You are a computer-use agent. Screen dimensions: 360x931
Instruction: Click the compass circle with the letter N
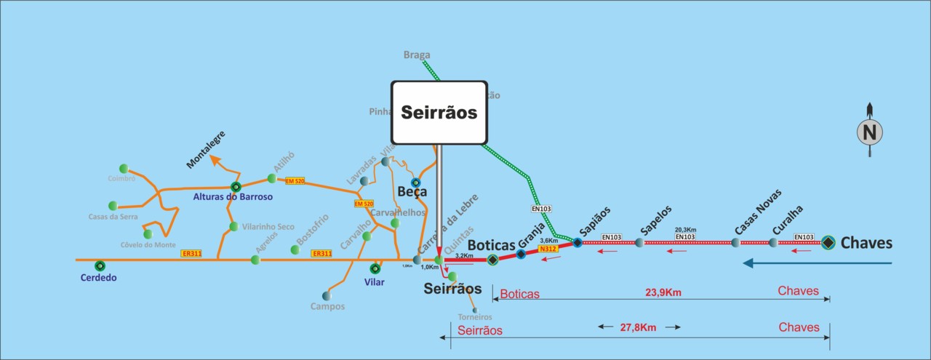(870, 132)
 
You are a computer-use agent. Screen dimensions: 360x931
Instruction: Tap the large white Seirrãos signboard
(439, 113)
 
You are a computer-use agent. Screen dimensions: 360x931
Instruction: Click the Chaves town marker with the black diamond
(828, 243)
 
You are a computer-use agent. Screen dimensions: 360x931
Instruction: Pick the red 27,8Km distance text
(638, 328)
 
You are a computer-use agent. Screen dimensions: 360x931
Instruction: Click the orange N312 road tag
(548, 249)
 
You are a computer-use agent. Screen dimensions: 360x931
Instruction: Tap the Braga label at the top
(417, 55)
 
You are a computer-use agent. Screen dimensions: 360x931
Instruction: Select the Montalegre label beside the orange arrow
(206, 151)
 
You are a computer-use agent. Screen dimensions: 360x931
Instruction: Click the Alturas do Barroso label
(233, 197)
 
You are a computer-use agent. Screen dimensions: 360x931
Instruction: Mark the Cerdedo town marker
(100, 265)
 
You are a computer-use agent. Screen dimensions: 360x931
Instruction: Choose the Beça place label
(412, 193)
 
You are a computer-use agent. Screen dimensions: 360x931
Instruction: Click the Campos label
(327, 307)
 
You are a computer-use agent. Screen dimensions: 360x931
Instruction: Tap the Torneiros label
(475, 317)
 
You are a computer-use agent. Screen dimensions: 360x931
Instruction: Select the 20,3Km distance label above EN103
(685, 228)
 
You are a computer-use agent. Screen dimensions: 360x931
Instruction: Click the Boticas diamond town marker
(492, 260)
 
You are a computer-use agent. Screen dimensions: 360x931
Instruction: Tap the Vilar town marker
(375, 268)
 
